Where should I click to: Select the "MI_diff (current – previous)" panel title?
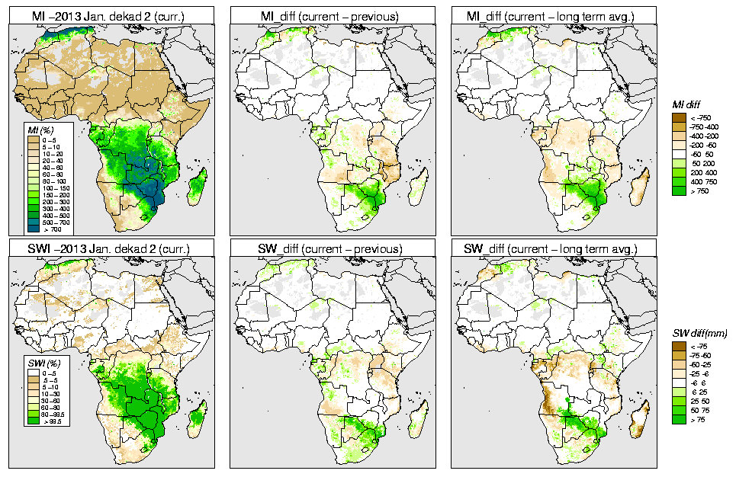[333, 12]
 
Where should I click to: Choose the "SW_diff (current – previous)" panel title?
[333, 248]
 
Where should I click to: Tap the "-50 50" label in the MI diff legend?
[700, 154]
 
